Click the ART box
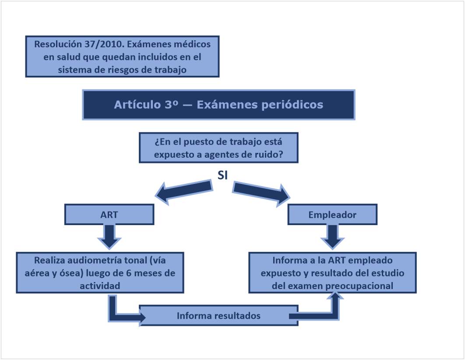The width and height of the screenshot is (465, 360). coord(109,215)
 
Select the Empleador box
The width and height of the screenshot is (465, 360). coord(332,215)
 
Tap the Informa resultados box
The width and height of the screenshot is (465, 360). coord(218,315)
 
